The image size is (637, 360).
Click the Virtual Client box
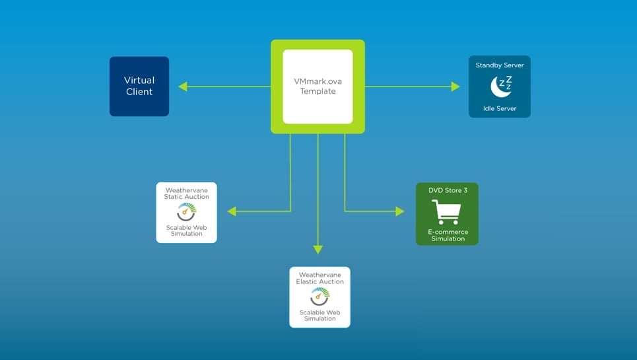point(139,86)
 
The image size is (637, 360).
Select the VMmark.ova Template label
point(318,87)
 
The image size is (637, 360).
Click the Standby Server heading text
point(500,65)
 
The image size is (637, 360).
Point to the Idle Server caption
point(500,108)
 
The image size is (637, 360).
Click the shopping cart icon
point(446,212)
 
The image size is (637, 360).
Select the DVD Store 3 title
point(448,190)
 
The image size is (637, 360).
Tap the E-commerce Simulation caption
point(448,235)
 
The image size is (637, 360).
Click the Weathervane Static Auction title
point(187,194)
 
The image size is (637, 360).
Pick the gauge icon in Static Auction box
point(187,211)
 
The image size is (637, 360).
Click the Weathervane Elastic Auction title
point(320,278)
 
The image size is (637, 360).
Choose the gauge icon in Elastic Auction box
point(319,296)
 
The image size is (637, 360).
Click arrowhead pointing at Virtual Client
point(183,87)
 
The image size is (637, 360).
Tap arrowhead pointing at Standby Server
point(455,87)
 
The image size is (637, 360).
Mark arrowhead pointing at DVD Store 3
point(400,211)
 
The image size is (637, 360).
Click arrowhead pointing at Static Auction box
point(232,211)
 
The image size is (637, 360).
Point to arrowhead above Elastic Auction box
point(318,250)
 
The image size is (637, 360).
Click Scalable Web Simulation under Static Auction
point(186,231)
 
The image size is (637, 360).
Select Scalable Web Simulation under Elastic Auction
point(320,315)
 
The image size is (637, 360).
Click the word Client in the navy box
point(139,92)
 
